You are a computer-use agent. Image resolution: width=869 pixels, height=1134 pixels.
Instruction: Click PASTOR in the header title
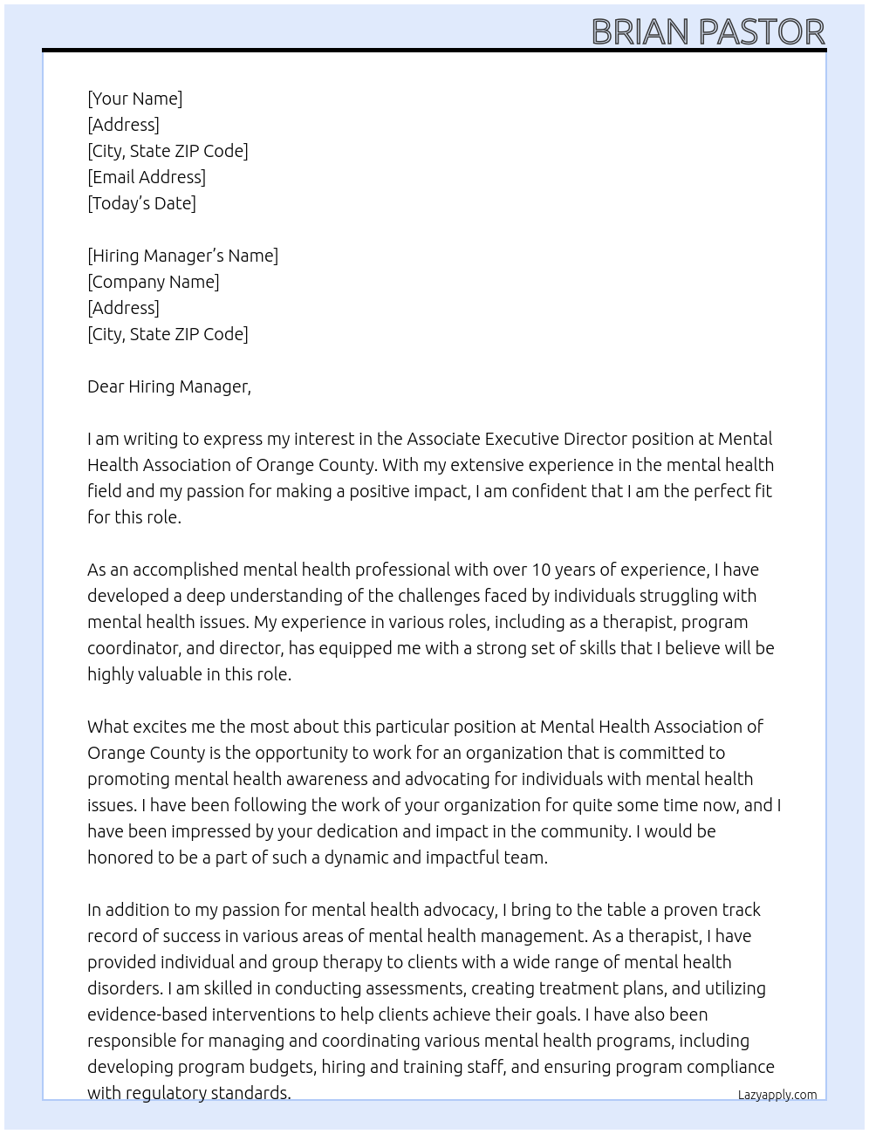click(762, 32)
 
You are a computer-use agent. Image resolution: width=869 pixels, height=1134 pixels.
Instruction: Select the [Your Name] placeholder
click(134, 99)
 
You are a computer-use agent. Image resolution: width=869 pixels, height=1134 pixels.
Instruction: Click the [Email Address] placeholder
click(147, 177)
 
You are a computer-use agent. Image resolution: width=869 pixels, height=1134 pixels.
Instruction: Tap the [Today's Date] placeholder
click(141, 203)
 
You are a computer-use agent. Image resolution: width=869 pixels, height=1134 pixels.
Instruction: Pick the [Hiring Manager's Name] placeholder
click(182, 256)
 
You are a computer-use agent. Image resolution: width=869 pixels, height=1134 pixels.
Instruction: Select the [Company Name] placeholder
click(153, 282)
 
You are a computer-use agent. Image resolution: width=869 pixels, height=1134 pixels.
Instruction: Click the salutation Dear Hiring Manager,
click(168, 386)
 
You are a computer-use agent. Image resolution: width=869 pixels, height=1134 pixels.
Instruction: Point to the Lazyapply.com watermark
click(777, 1095)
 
